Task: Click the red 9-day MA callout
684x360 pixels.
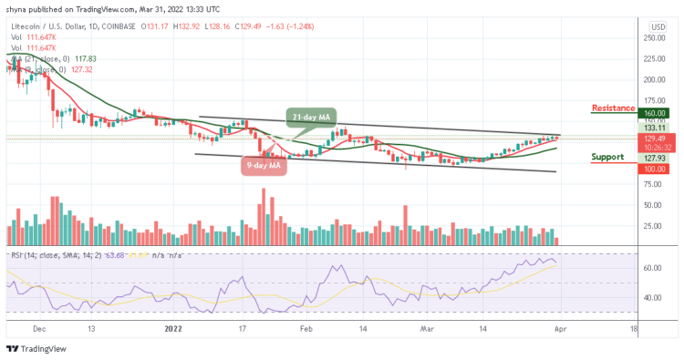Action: (x=263, y=165)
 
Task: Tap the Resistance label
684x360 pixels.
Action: (x=614, y=108)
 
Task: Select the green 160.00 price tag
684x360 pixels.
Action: (x=654, y=114)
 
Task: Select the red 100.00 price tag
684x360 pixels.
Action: (x=654, y=169)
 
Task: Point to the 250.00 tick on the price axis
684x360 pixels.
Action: (x=654, y=37)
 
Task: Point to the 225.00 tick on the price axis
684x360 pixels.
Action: (x=654, y=58)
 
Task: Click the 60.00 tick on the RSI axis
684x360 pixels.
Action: (x=654, y=269)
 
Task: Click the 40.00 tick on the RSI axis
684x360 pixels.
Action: (x=654, y=297)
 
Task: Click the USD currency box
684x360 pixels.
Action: (x=654, y=26)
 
